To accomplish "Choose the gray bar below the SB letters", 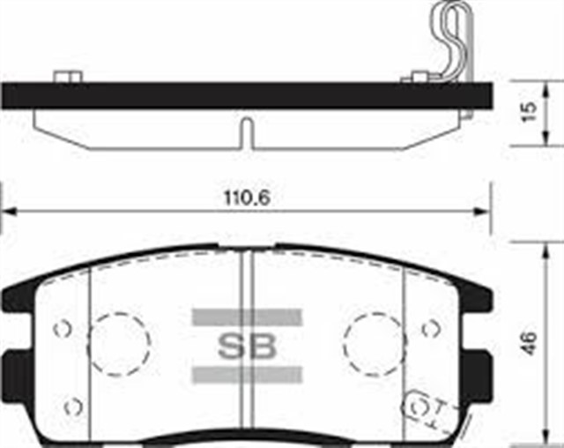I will point(247,374).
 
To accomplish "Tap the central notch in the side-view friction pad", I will point(247,132).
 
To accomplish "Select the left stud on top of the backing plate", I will point(63,78).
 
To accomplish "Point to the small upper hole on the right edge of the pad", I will point(430,329).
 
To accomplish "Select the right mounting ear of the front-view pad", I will point(480,363).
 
